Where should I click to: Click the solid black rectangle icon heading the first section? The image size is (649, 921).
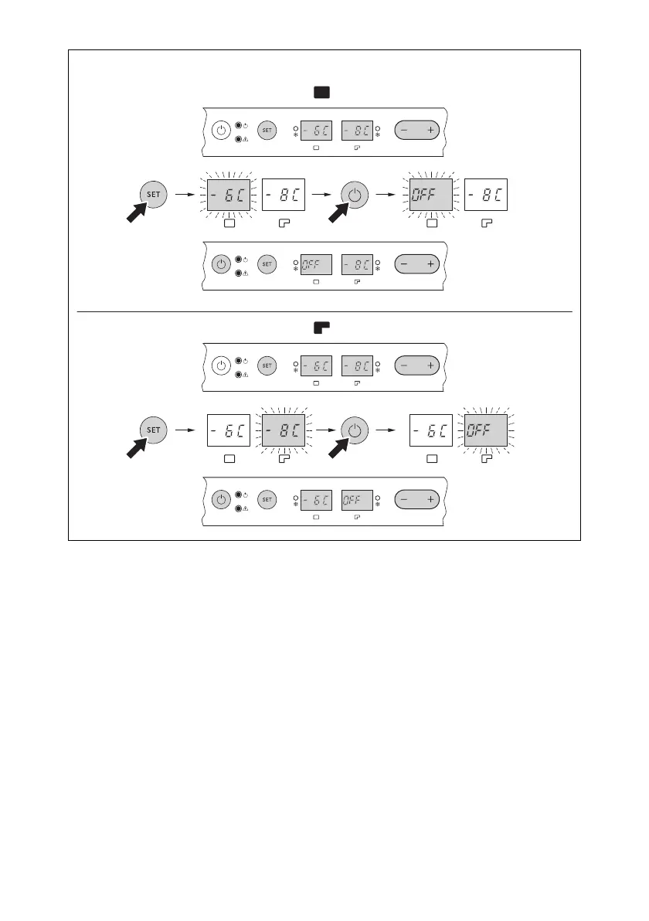coord(321,93)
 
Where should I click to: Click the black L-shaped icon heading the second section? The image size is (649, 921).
coord(321,327)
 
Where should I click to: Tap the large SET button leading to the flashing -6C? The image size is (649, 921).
coord(154,195)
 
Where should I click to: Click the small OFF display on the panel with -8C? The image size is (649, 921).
coord(316,264)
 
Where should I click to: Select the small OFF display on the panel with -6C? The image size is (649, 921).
coord(357,500)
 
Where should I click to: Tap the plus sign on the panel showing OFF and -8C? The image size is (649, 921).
coord(430,264)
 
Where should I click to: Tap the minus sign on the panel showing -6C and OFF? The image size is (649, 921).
coord(404,500)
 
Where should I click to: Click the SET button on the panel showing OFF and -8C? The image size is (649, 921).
coord(266,264)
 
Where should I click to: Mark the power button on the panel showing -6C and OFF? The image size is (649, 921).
coord(221,500)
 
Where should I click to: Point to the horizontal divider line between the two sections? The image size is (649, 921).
coord(324,311)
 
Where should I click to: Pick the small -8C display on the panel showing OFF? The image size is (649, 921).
coord(357,264)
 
